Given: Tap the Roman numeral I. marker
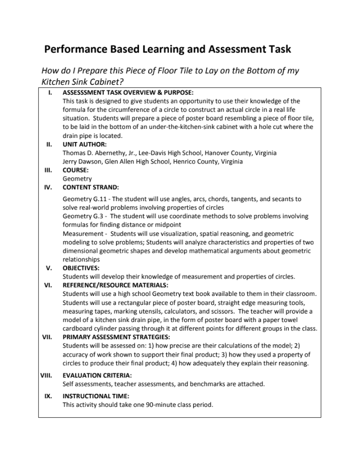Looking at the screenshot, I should click(x=50, y=93).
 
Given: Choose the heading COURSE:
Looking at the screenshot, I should click(x=75, y=170).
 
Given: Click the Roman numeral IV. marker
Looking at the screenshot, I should click(x=49, y=187).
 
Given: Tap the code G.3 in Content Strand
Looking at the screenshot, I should click(x=98, y=216).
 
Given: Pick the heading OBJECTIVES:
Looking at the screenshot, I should click(x=81, y=268).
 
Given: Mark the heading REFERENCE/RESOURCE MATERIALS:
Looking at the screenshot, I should click(x=115, y=285).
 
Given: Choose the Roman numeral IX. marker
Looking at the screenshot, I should click(x=48, y=396).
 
